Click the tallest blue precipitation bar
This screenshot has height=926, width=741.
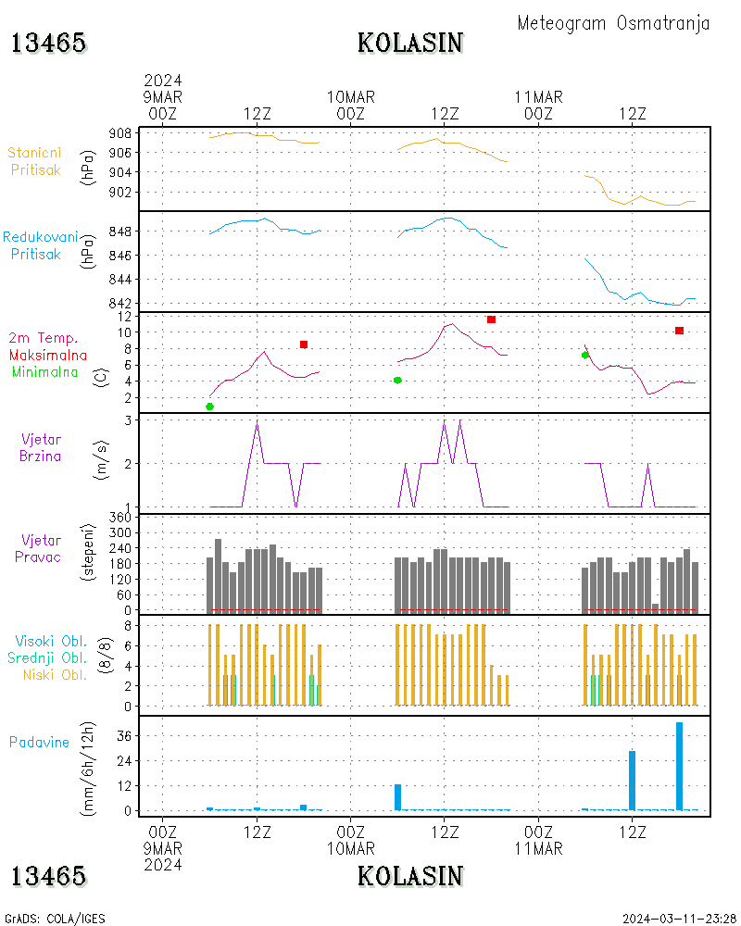[679, 767]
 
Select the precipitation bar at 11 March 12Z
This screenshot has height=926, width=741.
[633, 781]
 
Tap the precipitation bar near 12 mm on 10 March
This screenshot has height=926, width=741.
[398, 797]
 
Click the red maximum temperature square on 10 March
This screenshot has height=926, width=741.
[491, 319]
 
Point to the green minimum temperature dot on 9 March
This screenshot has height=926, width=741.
[209, 407]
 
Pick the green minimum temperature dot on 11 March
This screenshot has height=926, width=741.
[584, 355]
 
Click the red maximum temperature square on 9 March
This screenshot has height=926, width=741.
[304, 344]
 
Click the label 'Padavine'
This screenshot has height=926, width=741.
[39, 742]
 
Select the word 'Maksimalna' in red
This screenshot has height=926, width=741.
[48, 355]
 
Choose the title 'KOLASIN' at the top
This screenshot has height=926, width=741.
[410, 43]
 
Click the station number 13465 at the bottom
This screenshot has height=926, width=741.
[48, 876]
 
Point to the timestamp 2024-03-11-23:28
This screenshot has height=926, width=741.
[679, 919]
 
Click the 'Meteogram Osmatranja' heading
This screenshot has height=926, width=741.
[613, 23]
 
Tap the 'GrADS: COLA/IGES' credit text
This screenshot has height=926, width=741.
[55, 919]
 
